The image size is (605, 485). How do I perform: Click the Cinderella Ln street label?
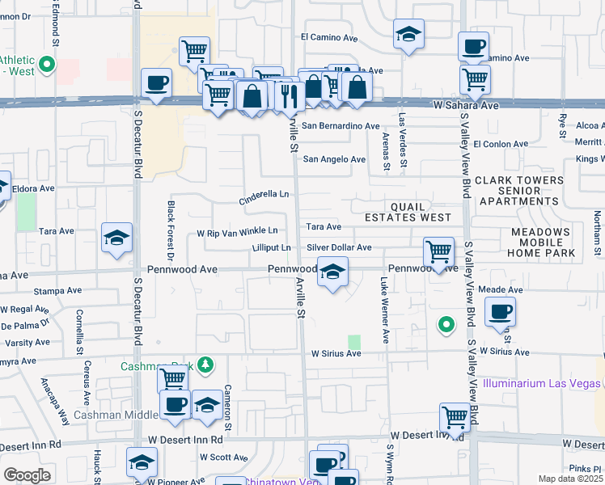click(x=264, y=196)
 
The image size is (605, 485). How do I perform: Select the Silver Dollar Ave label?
click(x=339, y=247)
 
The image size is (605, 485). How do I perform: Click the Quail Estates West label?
click(x=408, y=212)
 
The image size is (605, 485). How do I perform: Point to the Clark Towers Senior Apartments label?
click(x=518, y=191)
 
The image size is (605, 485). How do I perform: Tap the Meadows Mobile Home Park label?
click(x=543, y=242)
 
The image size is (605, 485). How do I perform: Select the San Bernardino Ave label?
click(x=341, y=126)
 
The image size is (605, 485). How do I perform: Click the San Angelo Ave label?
click(x=334, y=159)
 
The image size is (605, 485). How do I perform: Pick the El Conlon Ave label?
click(x=501, y=144)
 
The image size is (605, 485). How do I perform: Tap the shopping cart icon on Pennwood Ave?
click(x=438, y=251)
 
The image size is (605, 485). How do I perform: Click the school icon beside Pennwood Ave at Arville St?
click(x=332, y=272)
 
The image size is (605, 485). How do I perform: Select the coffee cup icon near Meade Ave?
click(x=500, y=312)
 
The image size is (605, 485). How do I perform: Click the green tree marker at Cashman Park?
click(x=206, y=365)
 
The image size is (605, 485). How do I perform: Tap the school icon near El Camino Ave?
click(x=408, y=35)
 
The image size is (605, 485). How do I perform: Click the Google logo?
click(x=27, y=475)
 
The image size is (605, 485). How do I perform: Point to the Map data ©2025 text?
click(x=569, y=479)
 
